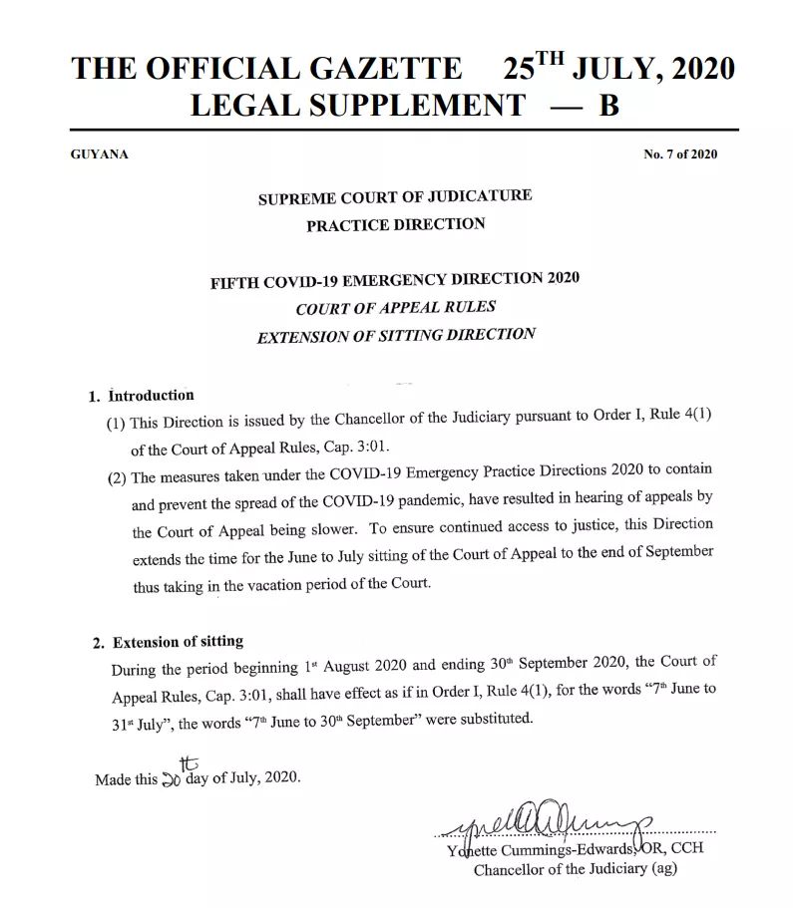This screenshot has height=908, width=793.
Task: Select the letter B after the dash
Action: point(608,105)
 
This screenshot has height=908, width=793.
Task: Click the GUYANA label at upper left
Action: point(100,154)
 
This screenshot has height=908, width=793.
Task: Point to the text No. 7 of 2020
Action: point(680,154)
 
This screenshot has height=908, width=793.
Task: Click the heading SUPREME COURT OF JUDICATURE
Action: point(395,196)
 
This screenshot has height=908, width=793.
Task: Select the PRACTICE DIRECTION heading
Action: point(395,224)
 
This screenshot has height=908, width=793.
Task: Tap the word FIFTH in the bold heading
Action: point(235,282)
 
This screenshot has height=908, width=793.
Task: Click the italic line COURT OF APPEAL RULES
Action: point(395,308)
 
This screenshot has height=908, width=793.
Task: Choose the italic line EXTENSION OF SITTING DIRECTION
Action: point(396,336)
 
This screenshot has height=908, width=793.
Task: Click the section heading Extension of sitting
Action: point(178,642)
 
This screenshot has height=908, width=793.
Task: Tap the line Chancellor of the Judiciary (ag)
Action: point(576,869)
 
